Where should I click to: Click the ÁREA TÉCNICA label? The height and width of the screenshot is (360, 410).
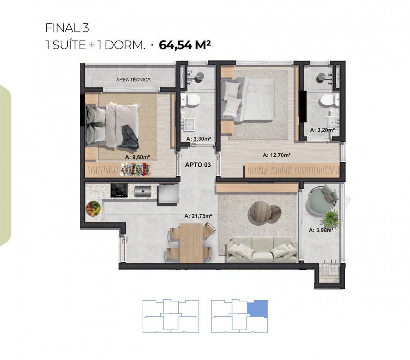click(x=133, y=79)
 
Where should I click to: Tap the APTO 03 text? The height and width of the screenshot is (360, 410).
click(x=198, y=165)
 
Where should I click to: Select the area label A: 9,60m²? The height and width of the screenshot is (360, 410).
click(x=137, y=157)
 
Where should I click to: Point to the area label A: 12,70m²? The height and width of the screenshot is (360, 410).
click(x=277, y=155)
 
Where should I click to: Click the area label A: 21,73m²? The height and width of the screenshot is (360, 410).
click(x=198, y=216)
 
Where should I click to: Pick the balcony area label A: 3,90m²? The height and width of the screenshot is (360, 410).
click(x=321, y=230)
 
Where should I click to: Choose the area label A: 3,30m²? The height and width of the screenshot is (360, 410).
click(x=199, y=139)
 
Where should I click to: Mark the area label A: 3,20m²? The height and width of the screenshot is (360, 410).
click(x=322, y=130)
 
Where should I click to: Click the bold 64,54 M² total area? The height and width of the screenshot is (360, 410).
click(x=185, y=45)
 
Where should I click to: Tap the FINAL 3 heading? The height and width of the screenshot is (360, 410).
click(x=67, y=28)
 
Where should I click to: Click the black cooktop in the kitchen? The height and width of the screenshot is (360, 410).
click(x=119, y=190)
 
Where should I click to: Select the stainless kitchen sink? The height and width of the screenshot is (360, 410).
click(x=143, y=191)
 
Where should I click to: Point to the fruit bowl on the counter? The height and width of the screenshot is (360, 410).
click(x=93, y=208)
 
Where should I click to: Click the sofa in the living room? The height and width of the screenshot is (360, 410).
click(x=262, y=249)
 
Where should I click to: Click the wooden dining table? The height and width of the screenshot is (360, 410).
click(x=191, y=243)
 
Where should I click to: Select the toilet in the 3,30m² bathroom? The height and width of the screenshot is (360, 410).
click(x=191, y=100)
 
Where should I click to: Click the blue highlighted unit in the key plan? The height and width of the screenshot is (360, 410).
click(x=257, y=308)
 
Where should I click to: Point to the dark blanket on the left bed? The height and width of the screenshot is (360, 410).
click(x=128, y=138)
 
